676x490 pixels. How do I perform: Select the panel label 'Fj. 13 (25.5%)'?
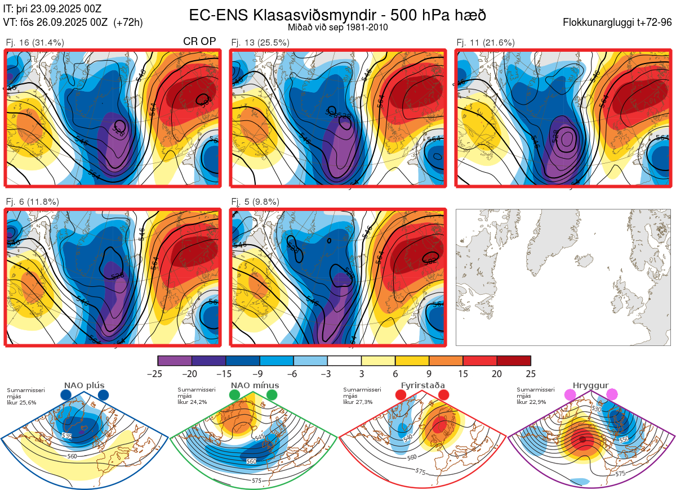260,43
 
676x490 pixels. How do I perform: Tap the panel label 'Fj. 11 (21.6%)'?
486,43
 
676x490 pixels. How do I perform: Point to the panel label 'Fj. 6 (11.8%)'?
32,202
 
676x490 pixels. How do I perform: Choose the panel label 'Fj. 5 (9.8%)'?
255,202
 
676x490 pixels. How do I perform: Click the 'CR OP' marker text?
199,42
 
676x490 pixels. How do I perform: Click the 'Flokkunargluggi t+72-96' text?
617,23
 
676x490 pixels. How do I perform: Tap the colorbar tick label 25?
530,374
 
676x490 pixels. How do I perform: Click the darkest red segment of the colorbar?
514,361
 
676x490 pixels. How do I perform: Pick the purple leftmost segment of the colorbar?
175,361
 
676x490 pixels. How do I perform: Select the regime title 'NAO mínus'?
255,385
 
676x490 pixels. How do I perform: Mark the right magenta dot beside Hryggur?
612,395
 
